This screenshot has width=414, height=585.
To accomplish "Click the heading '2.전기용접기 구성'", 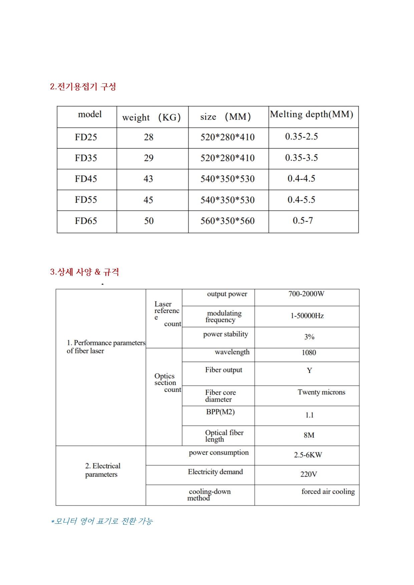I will (83, 87).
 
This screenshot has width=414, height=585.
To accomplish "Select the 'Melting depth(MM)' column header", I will (312, 114).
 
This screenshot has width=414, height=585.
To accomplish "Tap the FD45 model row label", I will (86, 179).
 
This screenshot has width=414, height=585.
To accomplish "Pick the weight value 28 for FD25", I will (148, 137).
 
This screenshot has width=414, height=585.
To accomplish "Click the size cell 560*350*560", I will (228, 221).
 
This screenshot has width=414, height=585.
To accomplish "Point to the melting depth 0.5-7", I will (303, 221).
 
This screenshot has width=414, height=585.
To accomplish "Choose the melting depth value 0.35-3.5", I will (301, 158).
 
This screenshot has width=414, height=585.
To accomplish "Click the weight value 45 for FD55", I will (148, 200).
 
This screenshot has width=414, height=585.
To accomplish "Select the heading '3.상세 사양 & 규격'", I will (84, 272).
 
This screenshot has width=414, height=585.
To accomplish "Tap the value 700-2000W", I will (306, 294).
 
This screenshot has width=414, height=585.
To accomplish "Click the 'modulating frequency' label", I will (224, 317).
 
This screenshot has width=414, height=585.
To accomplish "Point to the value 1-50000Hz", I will (307, 316).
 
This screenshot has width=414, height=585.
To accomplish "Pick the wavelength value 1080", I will (309, 353).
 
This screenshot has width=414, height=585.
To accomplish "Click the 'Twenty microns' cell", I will (321, 392).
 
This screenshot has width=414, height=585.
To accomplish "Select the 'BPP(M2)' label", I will (220, 412).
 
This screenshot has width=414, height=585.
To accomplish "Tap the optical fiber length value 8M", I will (309, 435).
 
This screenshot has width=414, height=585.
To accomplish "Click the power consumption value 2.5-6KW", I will (308, 455).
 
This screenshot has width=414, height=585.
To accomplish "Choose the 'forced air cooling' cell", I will (328, 492).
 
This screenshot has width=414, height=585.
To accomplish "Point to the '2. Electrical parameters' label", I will (102, 470).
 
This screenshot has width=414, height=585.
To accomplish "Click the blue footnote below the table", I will (102, 521).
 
